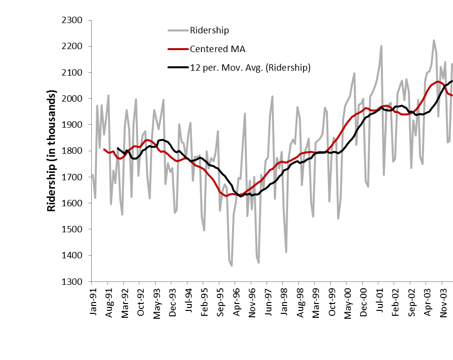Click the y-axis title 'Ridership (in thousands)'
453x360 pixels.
(x=51, y=151)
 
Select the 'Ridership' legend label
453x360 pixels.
(x=210, y=30)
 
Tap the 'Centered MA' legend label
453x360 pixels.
(x=217, y=49)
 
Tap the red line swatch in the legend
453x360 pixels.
(x=176, y=49)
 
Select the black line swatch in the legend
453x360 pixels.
(x=176, y=68)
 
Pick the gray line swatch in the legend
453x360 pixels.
(x=176, y=30)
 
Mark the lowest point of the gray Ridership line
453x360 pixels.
(x=232, y=266)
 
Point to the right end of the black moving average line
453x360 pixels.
(x=452, y=81)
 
